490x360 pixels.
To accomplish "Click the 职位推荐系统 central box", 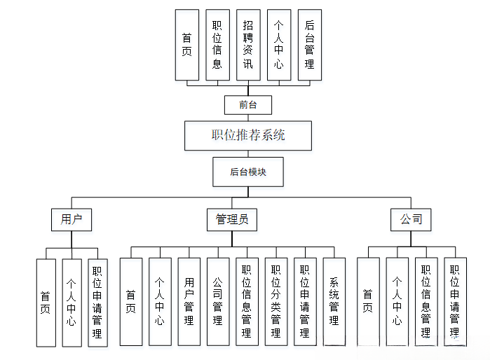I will pos(248,136).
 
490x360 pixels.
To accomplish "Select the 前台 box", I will pos(247,105).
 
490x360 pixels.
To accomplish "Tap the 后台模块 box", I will pos(248,172).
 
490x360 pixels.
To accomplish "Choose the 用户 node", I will pos(72,220).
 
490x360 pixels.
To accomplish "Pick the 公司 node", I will pos(411,220).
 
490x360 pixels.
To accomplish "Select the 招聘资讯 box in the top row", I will pos(248,44).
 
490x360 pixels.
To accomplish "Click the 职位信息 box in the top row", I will pos(217,44).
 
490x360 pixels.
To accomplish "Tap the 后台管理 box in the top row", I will pos(310,44).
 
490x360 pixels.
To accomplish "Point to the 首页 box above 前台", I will pos(186,44).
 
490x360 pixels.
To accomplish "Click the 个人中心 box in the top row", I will pos(279,44).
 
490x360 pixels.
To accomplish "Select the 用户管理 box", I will pos(189,302).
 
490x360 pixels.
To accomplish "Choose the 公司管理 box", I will pos(218,302).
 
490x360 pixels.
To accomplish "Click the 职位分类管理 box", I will pos(276,302).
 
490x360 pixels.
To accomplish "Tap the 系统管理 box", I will pos(334,302).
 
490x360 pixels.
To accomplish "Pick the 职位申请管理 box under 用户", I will pos(97,302).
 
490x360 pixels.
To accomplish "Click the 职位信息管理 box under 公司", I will pos(426,302).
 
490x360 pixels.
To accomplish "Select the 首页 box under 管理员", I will pos(131,302).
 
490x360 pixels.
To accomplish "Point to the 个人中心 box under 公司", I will pos(397,302).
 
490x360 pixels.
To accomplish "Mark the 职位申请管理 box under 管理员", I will pos(305,302).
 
